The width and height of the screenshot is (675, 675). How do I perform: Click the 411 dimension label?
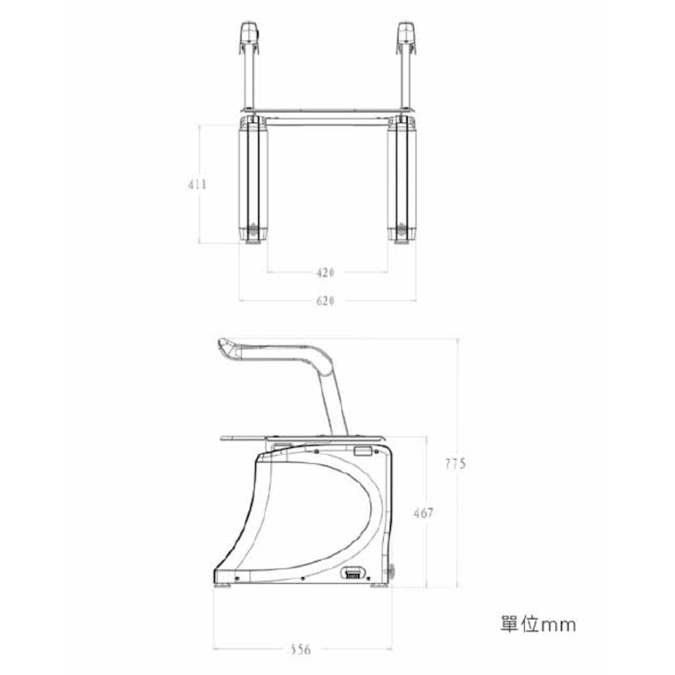pos(197,184)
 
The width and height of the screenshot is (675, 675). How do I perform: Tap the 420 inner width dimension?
pos(325,273)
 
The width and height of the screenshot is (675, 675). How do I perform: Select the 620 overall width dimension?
pos(325,300)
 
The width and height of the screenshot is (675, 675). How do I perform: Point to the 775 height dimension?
pos(456,463)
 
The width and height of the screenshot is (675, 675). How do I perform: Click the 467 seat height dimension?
pos(424,513)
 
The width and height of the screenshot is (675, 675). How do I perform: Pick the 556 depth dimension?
pos(300,649)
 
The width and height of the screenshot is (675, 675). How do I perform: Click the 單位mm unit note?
pos(538,624)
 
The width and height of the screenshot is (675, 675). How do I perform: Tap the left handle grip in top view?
pos(250,38)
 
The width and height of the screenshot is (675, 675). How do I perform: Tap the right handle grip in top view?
pos(407,38)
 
